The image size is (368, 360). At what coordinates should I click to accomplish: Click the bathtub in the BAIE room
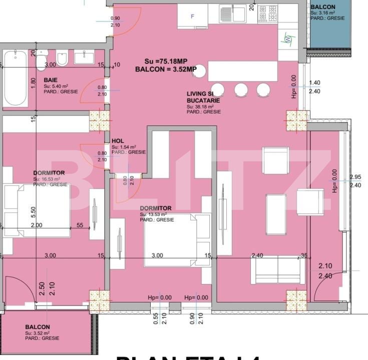click(x=15, y=78)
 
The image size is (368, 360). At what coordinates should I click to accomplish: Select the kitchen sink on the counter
click(x=233, y=13)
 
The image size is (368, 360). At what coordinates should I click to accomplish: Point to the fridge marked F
click(x=193, y=16)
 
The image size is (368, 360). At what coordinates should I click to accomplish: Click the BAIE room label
click(x=50, y=80)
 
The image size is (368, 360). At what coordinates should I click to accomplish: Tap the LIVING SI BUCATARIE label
click(x=203, y=97)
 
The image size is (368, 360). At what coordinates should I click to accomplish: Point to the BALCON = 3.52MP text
click(x=165, y=69)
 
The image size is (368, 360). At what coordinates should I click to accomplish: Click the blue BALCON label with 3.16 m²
click(x=323, y=7)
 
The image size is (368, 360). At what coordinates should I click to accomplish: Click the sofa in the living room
click(x=277, y=270)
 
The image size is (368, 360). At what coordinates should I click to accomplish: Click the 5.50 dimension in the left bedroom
click(x=34, y=212)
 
